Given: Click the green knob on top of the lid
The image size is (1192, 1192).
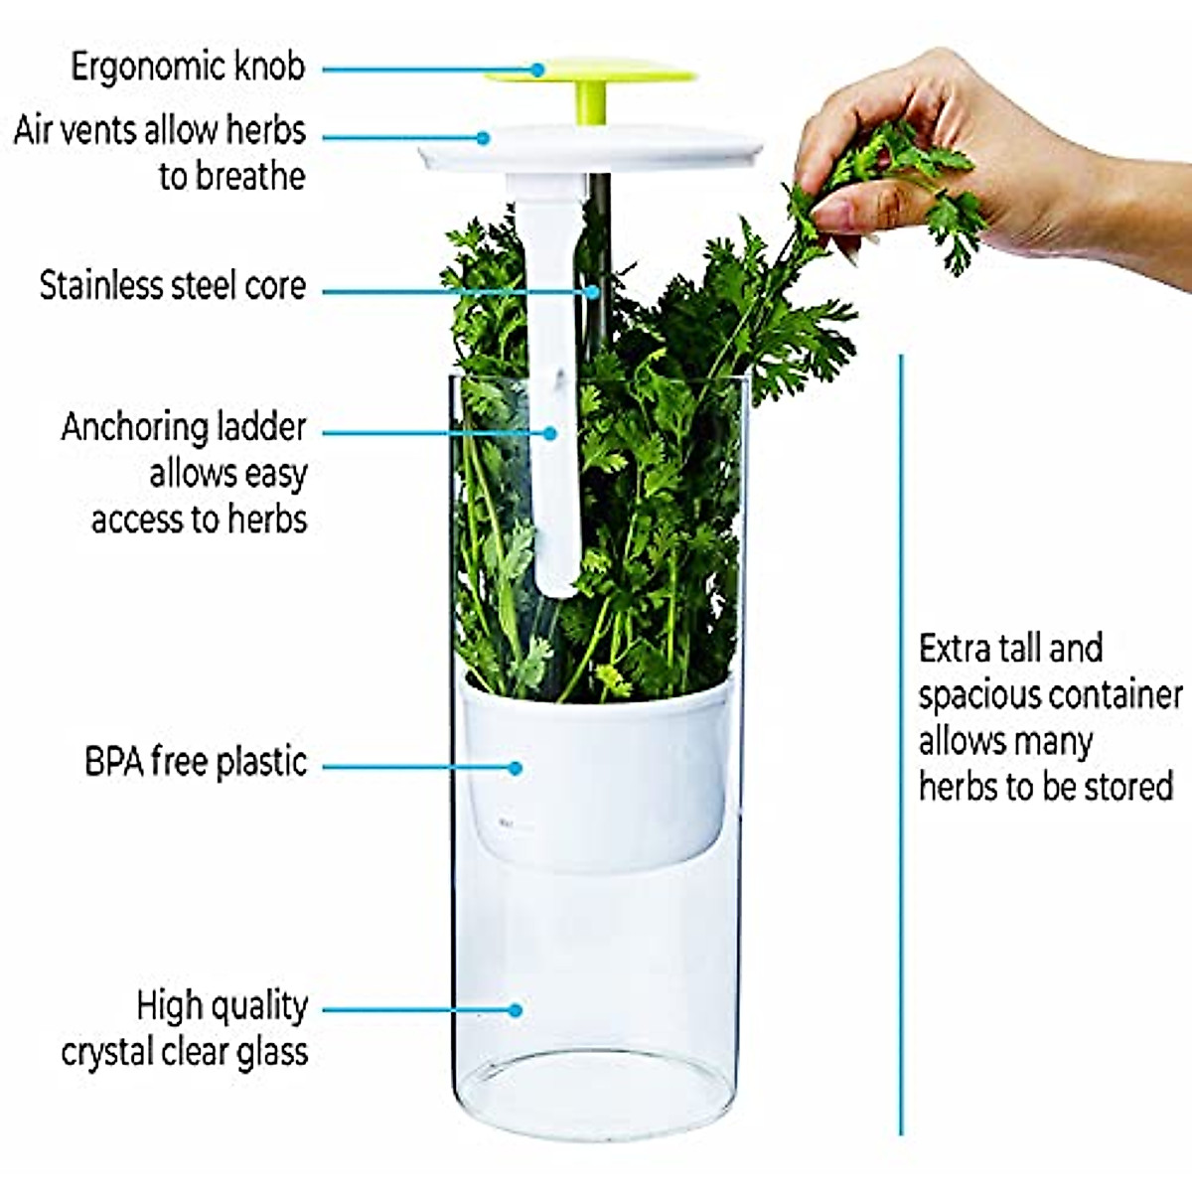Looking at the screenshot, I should click(x=590, y=75).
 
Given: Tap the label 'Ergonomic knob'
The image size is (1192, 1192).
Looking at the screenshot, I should click(x=187, y=68).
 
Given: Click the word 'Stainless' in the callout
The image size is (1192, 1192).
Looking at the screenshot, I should click(x=100, y=286).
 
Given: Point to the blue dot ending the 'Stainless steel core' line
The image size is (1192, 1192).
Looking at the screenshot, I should click(x=593, y=292).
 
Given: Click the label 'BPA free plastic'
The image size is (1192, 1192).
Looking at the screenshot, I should click(x=196, y=763).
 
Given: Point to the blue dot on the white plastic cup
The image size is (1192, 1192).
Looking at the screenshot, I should click(x=515, y=768).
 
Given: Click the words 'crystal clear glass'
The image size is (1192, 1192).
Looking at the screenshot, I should click(x=185, y=1052).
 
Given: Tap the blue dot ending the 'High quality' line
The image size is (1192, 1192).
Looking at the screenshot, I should click(x=515, y=1010).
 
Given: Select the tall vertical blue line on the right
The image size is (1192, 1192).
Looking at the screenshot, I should click(x=901, y=745).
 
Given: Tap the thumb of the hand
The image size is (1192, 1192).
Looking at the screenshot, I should click(x=844, y=214).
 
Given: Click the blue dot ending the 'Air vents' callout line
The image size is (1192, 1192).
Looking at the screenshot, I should click(x=483, y=138).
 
